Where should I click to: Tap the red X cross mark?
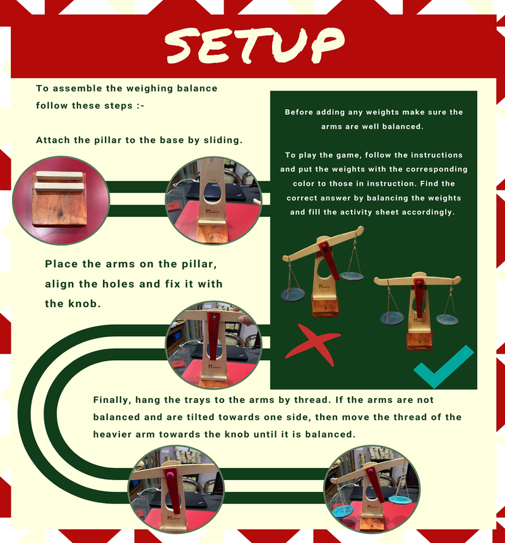click(313, 345)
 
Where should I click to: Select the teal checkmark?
click(443, 366)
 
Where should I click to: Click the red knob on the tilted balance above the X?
click(324, 248)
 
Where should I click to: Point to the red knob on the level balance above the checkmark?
click(419, 283)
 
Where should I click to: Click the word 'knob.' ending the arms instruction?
click(85, 304)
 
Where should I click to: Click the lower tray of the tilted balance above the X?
click(293, 295)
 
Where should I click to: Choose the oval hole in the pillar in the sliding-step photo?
click(213, 194)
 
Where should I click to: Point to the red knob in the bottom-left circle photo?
click(170, 474)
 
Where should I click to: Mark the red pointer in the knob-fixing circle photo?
click(213, 336)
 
